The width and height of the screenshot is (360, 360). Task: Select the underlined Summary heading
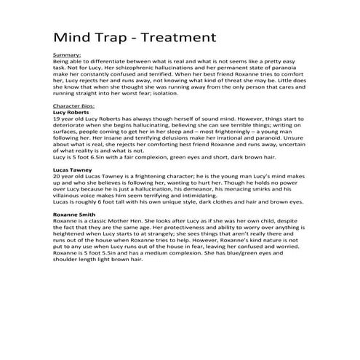(67, 55)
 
